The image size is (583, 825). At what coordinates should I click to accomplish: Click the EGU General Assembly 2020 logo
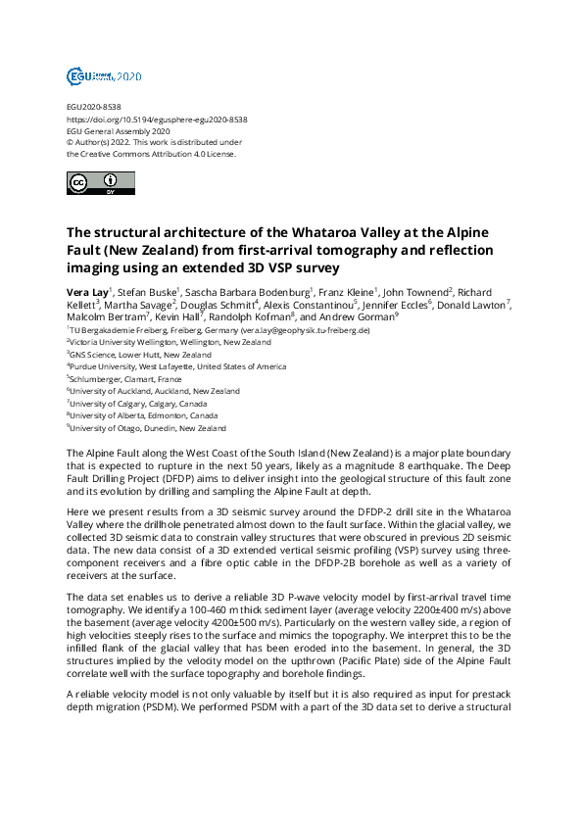(x=103, y=75)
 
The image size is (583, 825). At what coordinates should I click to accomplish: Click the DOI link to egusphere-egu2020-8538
(x=157, y=120)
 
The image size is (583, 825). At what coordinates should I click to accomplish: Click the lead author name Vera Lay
(x=87, y=292)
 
